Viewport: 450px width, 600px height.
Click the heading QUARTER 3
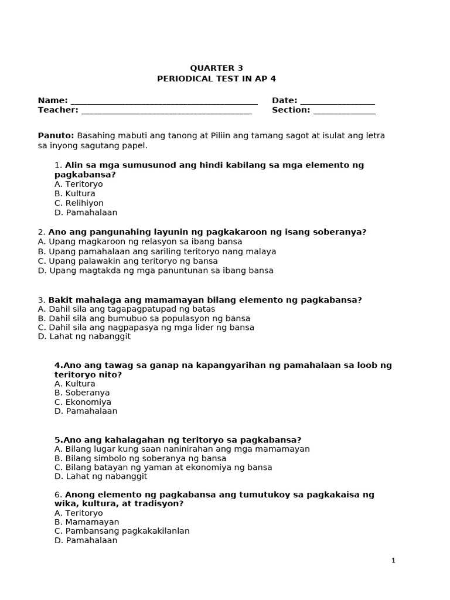click(x=216, y=68)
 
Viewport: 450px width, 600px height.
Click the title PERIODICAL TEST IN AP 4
click(x=216, y=79)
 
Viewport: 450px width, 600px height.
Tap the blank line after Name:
click(x=164, y=102)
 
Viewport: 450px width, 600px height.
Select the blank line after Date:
click(x=337, y=102)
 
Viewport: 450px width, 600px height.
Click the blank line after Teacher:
click(x=166, y=111)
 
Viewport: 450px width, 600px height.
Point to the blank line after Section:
click(x=344, y=111)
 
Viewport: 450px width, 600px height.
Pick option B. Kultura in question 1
click(x=75, y=193)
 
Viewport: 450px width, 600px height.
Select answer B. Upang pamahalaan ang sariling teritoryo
click(x=156, y=251)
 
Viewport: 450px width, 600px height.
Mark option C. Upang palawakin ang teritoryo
click(x=128, y=261)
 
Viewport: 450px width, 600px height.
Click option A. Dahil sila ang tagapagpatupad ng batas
click(x=127, y=309)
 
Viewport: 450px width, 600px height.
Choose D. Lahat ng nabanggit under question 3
click(x=84, y=336)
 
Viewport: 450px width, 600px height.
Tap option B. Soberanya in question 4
click(x=82, y=393)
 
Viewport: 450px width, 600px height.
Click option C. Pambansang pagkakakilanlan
click(x=122, y=531)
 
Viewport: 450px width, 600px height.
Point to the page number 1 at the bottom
click(x=393, y=561)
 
